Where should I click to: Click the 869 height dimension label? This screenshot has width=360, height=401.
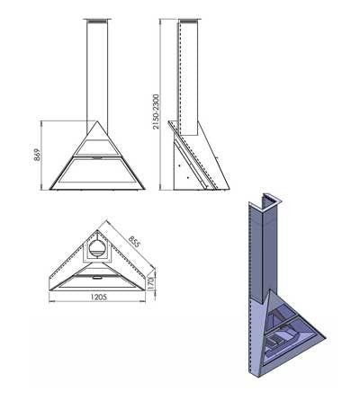point(37,155)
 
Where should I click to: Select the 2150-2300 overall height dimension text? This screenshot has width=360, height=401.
point(156,111)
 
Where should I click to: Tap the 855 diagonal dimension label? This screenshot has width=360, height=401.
point(134,242)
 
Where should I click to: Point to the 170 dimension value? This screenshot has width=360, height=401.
point(150,282)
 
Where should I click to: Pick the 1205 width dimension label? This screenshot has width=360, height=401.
point(98,297)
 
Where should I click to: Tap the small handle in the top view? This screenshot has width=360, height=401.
point(97,278)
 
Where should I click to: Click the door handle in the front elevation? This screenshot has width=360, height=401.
point(96,156)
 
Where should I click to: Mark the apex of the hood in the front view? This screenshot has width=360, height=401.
point(97,121)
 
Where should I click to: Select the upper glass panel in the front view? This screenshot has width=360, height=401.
point(96,147)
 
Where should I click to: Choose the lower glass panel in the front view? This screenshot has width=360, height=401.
point(97,170)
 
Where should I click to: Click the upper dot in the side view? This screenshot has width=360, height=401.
point(179,165)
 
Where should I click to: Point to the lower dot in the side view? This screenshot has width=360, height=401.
point(187,178)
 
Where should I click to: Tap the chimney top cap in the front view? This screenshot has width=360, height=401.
point(97,20)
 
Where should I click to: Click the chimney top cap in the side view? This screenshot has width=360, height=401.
point(189,20)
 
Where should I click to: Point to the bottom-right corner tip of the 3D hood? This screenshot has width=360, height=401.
point(326,337)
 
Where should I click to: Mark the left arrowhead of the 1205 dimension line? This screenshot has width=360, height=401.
point(50,301)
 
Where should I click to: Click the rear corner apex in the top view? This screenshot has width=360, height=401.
point(97,230)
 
